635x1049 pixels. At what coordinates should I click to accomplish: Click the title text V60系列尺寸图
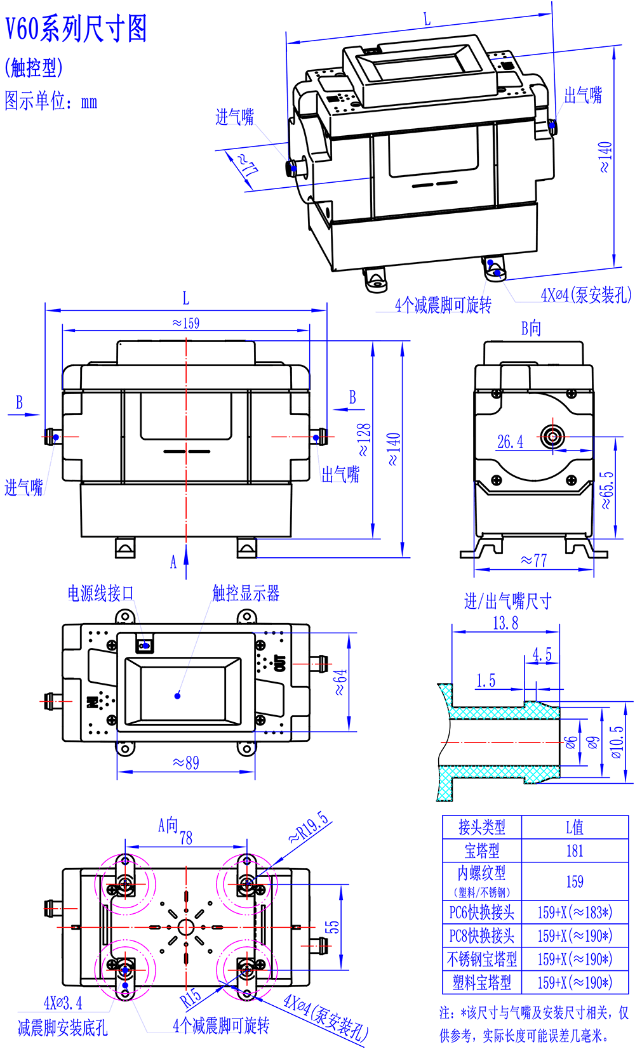point(76,29)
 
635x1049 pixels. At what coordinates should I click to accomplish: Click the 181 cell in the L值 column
point(574,851)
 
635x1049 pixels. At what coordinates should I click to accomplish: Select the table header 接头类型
point(482,827)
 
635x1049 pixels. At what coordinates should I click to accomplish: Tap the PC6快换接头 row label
point(482,913)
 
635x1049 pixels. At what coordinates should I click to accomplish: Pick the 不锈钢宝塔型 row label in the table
point(482,959)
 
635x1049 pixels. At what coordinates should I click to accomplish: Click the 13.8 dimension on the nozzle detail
point(505,623)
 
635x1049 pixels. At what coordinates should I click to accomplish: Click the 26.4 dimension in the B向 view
point(510,442)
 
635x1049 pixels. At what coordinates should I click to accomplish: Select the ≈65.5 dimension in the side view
point(607,490)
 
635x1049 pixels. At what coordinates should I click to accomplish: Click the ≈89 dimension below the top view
point(186,762)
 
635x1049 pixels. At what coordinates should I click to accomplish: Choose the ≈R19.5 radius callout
point(309,827)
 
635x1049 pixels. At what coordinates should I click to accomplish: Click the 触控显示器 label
point(246,593)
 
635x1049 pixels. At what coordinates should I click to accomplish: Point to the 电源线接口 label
point(101,593)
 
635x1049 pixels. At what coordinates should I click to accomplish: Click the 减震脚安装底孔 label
point(63,1028)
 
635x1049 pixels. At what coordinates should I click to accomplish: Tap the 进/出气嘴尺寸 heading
point(507,601)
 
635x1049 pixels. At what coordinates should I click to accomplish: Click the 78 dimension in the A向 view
point(186,838)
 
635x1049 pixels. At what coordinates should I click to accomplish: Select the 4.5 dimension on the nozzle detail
point(542,654)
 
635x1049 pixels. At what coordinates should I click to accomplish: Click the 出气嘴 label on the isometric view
point(583,96)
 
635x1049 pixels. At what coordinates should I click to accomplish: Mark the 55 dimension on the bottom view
point(333,927)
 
